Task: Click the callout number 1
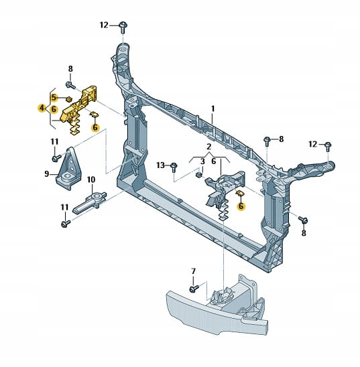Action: pyautogui.click(x=213, y=109)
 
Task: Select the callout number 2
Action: pyautogui.click(x=209, y=147)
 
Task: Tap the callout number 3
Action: pyautogui.click(x=202, y=161)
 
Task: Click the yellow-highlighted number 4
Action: pyautogui.click(x=42, y=108)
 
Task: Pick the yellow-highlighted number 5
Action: pyautogui.click(x=54, y=97)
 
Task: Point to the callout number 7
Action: pyautogui.click(x=193, y=271)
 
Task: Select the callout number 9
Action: pyautogui.click(x=47, y=173)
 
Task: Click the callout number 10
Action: pyautogui.click(x=91, y=179)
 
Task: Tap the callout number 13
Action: pyautogui.click(x=161, y=165)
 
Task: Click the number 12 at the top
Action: pyautogui.click(x=104, y=25)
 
